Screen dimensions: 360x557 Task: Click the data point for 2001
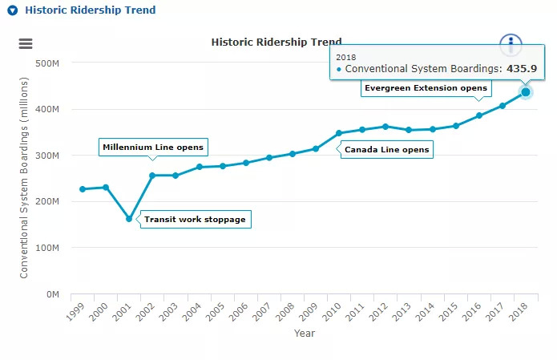(x=129, y=218)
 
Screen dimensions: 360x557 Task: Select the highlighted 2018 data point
(x=526, y=92)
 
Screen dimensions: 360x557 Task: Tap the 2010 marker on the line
(x=339, y=133)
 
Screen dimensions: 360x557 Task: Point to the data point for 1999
(x=83, y=189)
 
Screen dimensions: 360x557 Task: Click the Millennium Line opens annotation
(x=154, y=148)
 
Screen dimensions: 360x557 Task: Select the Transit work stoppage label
(x=195, y=219)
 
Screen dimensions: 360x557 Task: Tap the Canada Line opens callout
(x=386, y=149)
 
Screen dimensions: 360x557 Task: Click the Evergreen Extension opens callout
(x=425, y=87)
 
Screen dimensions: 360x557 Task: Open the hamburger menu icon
(x=26, y=44)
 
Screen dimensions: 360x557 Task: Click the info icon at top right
(x=511, y=44)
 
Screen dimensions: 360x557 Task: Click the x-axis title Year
(x=305, y=333)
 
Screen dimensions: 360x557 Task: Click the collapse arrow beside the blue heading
(x=12, y=11)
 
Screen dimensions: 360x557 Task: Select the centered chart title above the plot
(x=276, y=42)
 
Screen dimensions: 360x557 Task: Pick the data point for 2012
(x=385, y=127)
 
